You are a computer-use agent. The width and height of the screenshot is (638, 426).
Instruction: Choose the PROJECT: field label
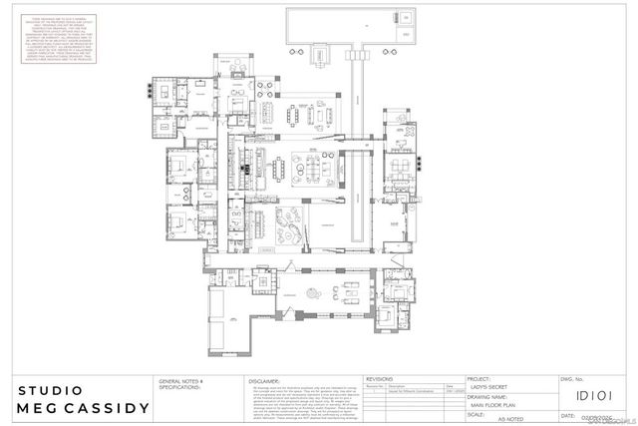pos(478,380)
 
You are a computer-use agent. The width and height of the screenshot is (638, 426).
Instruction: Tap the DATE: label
pos(569,415)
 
